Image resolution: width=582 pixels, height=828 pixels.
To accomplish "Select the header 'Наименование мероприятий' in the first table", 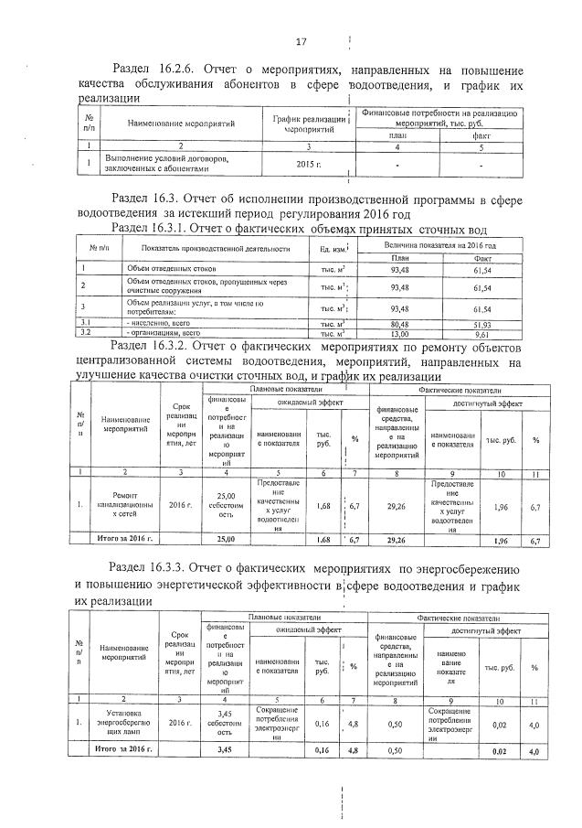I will [182, 122].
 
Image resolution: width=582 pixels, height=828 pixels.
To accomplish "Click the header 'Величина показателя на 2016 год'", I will [439, 245].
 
